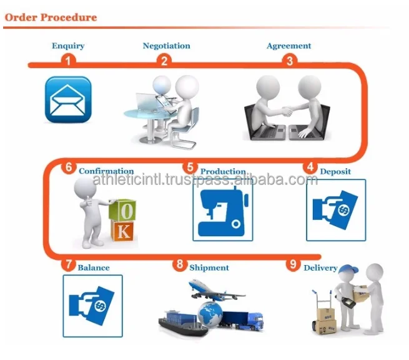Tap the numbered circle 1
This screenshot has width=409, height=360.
(68, 61)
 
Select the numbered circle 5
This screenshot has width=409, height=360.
(190, 167)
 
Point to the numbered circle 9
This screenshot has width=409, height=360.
(293, 264)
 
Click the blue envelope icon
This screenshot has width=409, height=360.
(68, 99)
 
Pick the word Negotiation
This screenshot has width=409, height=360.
(166, 46)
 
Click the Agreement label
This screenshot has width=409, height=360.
(288, 46)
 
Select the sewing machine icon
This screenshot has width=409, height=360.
(222, 210)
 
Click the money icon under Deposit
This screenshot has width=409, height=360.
(335, 210)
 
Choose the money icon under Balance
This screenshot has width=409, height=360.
(92, 304)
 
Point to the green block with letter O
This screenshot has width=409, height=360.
(123, 209)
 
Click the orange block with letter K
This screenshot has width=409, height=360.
(123, 231)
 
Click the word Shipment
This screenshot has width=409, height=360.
(209, 267)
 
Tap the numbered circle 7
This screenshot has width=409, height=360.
(68, 264)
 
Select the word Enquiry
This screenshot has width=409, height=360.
(68, 46)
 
